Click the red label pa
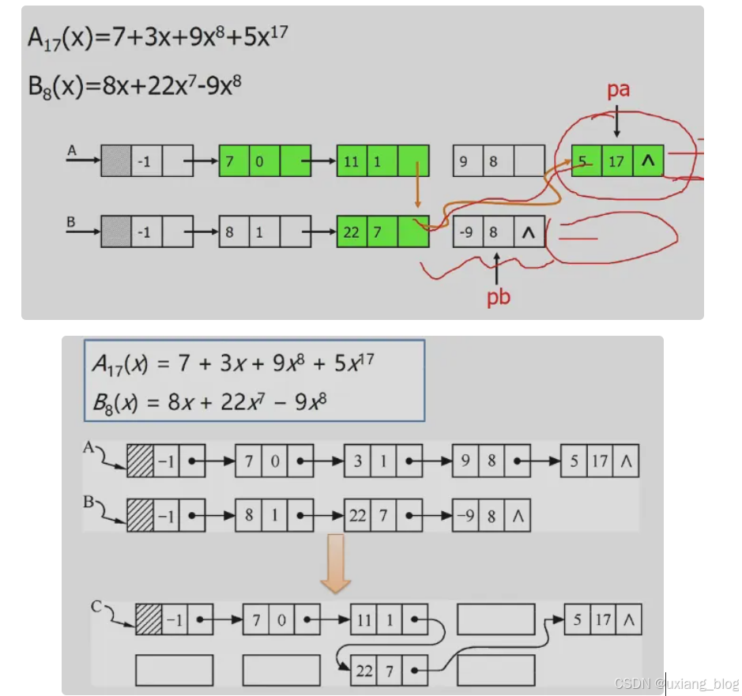(618, 90)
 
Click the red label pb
(497, 298)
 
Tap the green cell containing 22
(351, 231)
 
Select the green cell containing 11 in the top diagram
(351, 161)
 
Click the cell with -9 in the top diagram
(468, 231)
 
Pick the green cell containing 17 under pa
(616, 161)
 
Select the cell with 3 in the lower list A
(357, 460)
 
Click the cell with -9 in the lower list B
(465, 516)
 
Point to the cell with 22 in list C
(363, 671)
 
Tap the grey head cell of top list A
(115, 160)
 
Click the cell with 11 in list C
(363, 620)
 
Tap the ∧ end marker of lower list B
(518, 516)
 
